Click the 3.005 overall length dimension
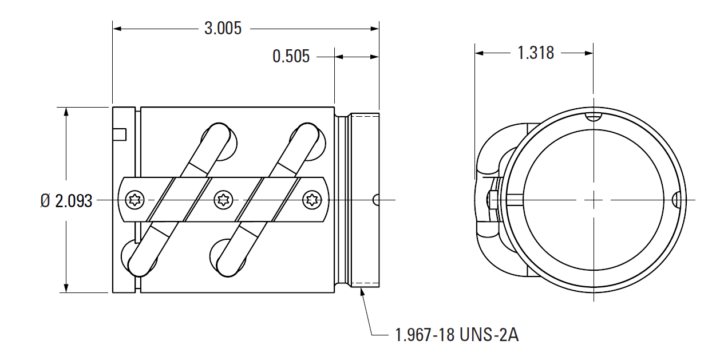click(223, 28)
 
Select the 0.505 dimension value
click(291, 56)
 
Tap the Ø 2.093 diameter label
click(66, 200)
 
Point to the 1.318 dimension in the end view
click(536, 53)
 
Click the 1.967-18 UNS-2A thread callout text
click(457, 334)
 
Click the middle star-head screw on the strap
click(223, 200)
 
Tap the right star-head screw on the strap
click(312, 200)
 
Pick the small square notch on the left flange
click(119, 134)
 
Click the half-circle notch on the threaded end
click(375, 200)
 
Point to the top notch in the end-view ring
click(594, 117)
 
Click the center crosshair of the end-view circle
click(594, 200)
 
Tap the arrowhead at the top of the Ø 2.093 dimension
click(67, 112)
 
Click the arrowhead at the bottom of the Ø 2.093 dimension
click(67, 288)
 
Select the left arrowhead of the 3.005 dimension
click(117, 27)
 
